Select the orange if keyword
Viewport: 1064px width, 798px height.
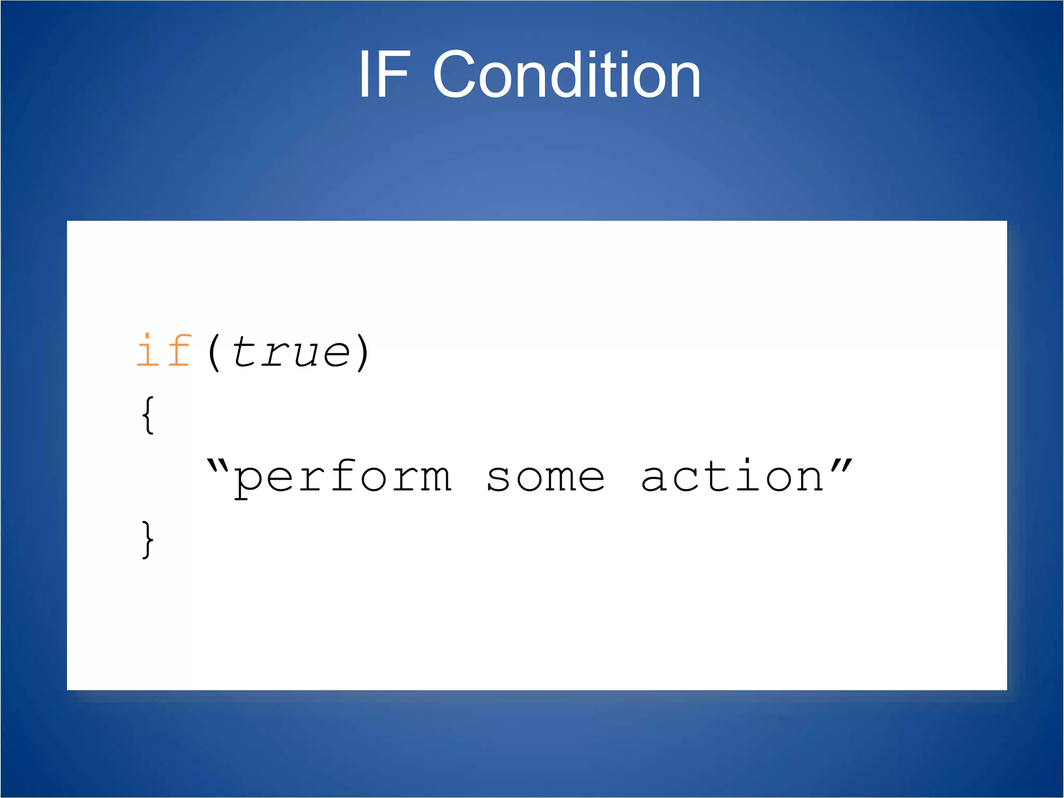(x=164, y=351)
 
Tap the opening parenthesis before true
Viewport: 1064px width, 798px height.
(x=214, y=352)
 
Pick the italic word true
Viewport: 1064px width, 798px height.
(x=291, y=352)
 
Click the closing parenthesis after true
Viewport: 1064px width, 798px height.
(x=363, y=352)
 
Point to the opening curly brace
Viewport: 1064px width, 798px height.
(x=148, y=415)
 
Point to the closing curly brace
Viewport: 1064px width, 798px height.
(x=148, y=539)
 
